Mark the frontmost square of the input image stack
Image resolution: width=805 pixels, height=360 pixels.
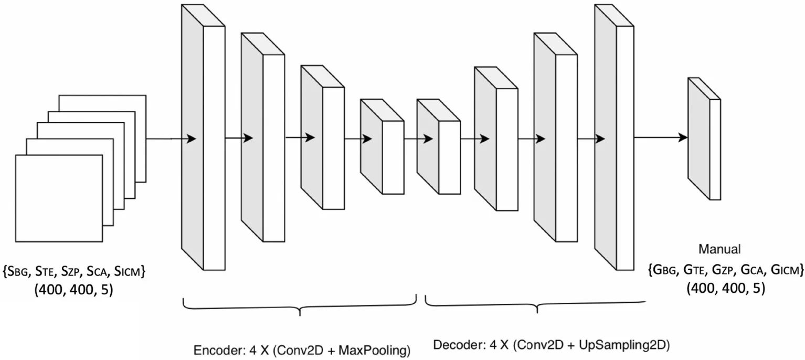click(x=59, y=198)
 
